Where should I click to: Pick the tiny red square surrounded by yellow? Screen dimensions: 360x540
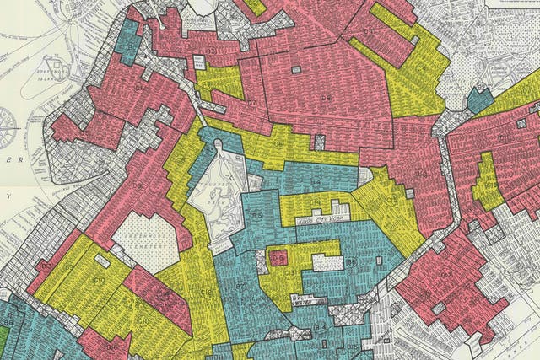278,258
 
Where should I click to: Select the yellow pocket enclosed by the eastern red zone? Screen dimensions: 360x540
487,181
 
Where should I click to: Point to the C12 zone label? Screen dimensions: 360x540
291,274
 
